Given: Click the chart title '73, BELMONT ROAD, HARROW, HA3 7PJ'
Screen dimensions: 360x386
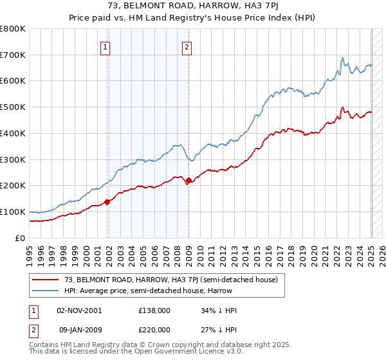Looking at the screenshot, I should click(193, 6).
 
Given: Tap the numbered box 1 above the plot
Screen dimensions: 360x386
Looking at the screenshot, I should click(105, 46).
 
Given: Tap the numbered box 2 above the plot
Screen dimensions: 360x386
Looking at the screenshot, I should click(186, 46).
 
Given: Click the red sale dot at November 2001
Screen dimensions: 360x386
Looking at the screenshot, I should click(107, 202).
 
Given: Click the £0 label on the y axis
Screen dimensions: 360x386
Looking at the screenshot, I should click(21, 238).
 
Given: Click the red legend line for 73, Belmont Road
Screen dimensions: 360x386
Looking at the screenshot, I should click(45, 280).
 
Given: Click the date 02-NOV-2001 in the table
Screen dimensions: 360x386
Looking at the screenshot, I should click(79, 310).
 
